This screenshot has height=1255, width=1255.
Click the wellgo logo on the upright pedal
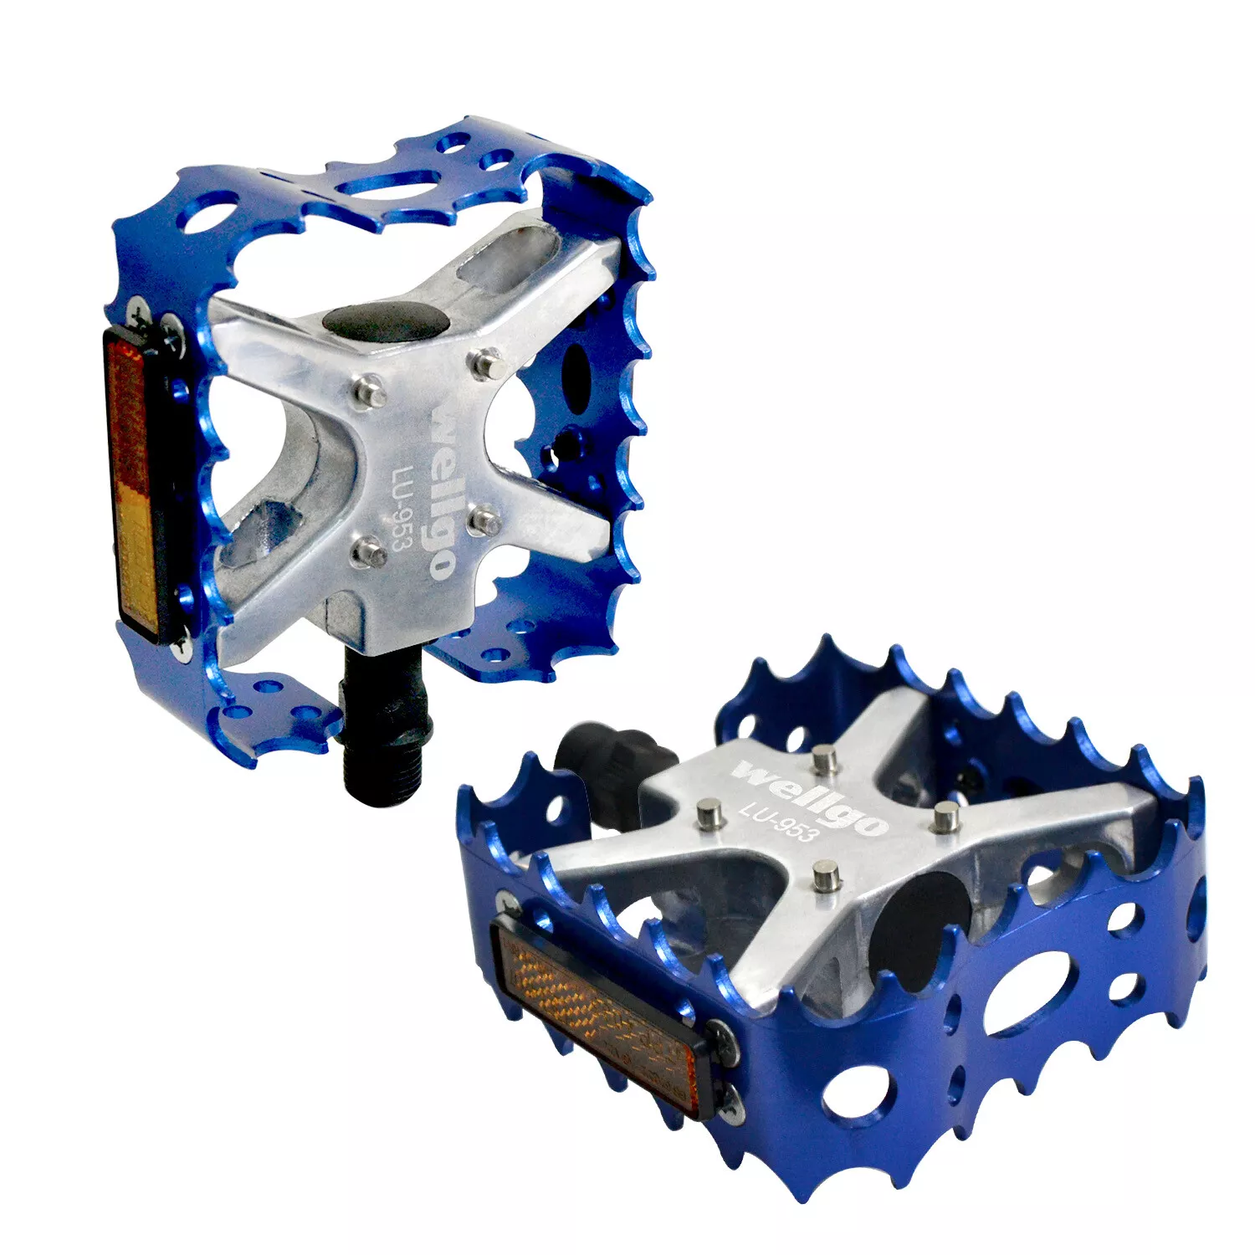(x=443, y=492)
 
